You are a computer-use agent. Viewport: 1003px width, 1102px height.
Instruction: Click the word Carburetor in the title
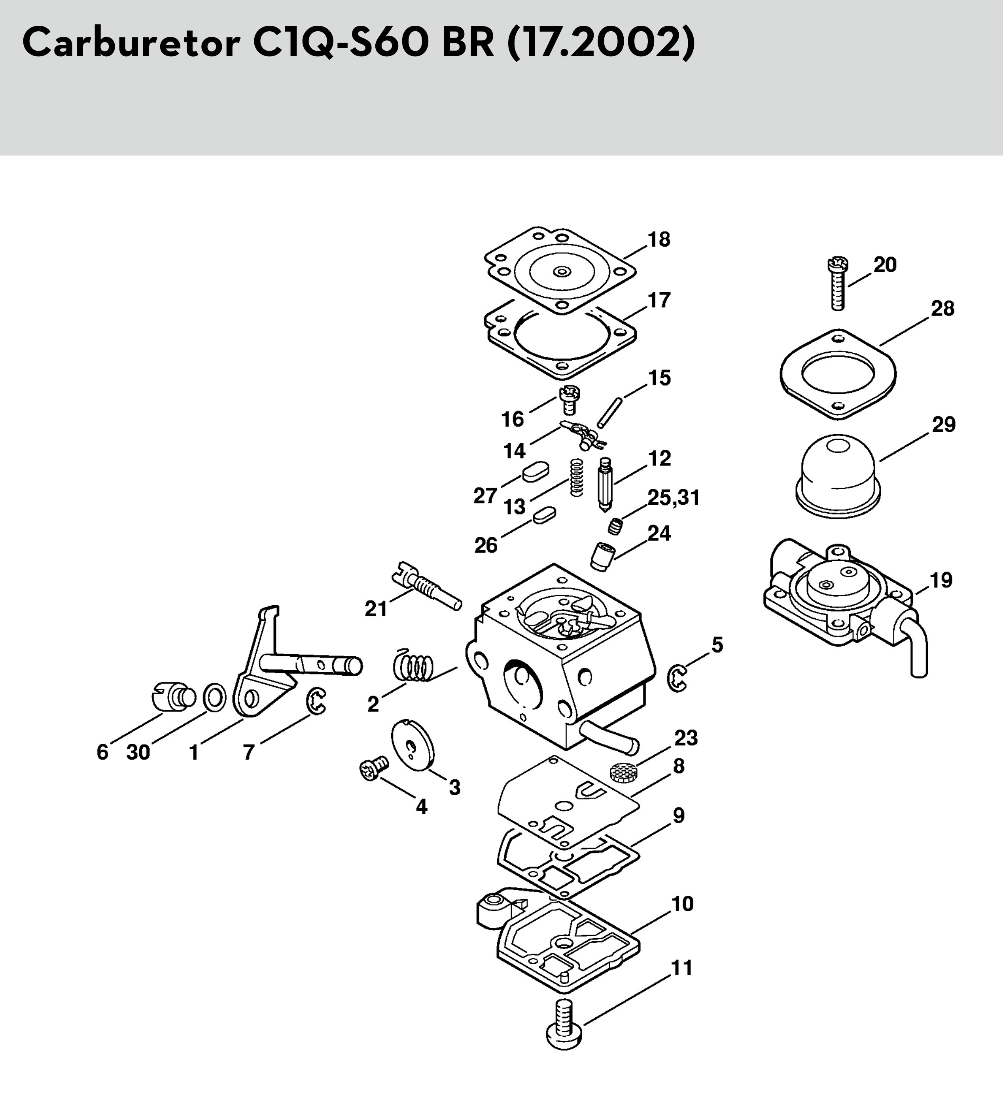click(131, 43)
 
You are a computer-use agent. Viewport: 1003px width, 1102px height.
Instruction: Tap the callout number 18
click(659, 239)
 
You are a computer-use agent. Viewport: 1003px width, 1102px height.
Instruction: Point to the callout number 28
click(942, 309)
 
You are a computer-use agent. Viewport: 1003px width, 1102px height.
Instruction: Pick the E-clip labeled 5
click(677, 678)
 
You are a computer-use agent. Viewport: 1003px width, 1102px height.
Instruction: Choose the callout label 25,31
click(674, 498)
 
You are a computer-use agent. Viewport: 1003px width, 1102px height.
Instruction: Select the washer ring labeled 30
click(215, 697)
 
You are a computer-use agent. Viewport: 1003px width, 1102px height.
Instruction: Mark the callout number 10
click(682, 904)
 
